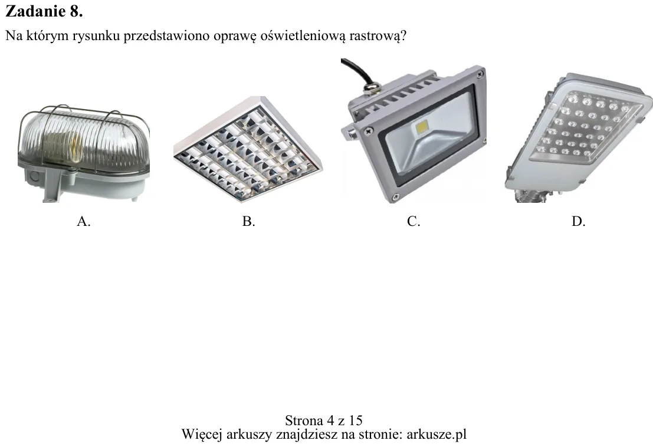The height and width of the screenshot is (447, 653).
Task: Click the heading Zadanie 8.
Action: [44, 11]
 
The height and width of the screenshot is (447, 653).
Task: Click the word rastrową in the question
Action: [378, 36]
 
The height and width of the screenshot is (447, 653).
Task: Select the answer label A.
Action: [83, 221]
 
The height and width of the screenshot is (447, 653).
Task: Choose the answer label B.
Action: [248, 221]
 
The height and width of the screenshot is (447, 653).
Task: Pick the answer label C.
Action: [413, 221]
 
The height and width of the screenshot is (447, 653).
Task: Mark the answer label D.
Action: [578, 221]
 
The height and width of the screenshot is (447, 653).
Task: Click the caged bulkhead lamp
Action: [83, 153]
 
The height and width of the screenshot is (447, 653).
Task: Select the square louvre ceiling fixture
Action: [247, 150]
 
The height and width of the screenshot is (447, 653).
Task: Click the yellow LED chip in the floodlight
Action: [422, 127]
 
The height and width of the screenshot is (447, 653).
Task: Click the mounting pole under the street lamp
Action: [531, 196]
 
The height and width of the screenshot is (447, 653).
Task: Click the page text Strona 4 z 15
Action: [324, 420]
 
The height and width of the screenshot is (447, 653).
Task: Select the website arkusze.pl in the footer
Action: [436, 435]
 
